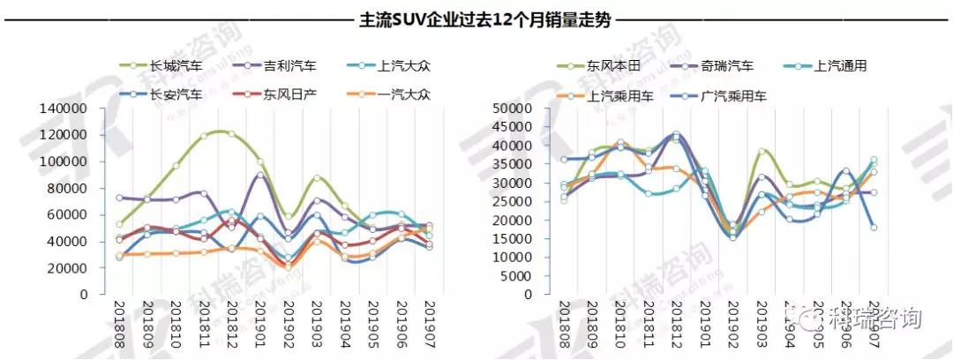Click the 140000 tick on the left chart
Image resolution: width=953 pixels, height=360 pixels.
63,109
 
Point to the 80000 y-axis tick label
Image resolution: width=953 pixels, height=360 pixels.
66,188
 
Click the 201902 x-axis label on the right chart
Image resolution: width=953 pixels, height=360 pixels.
733,323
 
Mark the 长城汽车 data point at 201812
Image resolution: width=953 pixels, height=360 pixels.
231,134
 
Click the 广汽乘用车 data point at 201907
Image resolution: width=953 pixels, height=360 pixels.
873,228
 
